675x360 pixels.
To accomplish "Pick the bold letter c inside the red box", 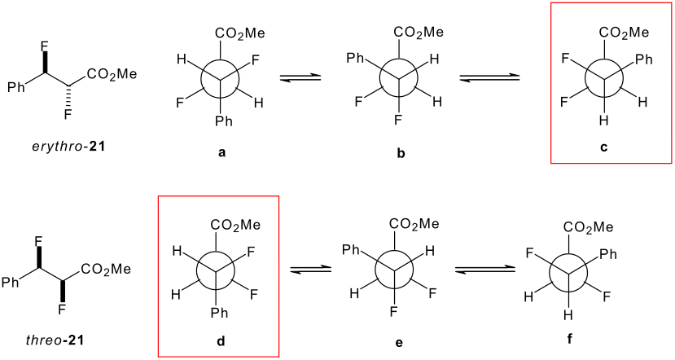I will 603,150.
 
